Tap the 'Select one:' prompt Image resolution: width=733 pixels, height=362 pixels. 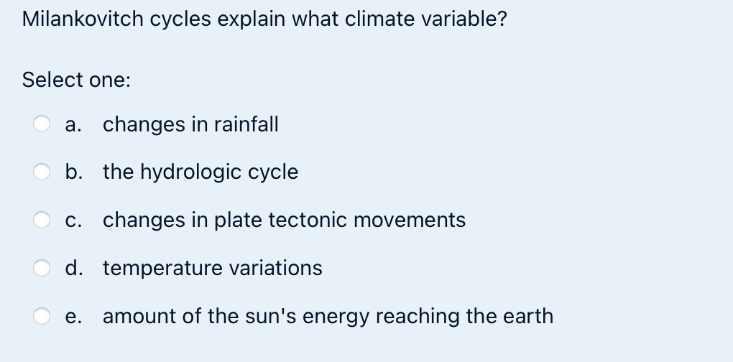[x=76, y=80]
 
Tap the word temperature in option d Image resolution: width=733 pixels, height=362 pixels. [x=162, y=268]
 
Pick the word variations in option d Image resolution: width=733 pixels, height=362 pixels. [x=275, y=268]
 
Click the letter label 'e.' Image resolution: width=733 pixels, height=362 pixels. [x=72, y=316]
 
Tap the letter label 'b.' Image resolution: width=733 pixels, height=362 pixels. [x=73, y=172]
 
